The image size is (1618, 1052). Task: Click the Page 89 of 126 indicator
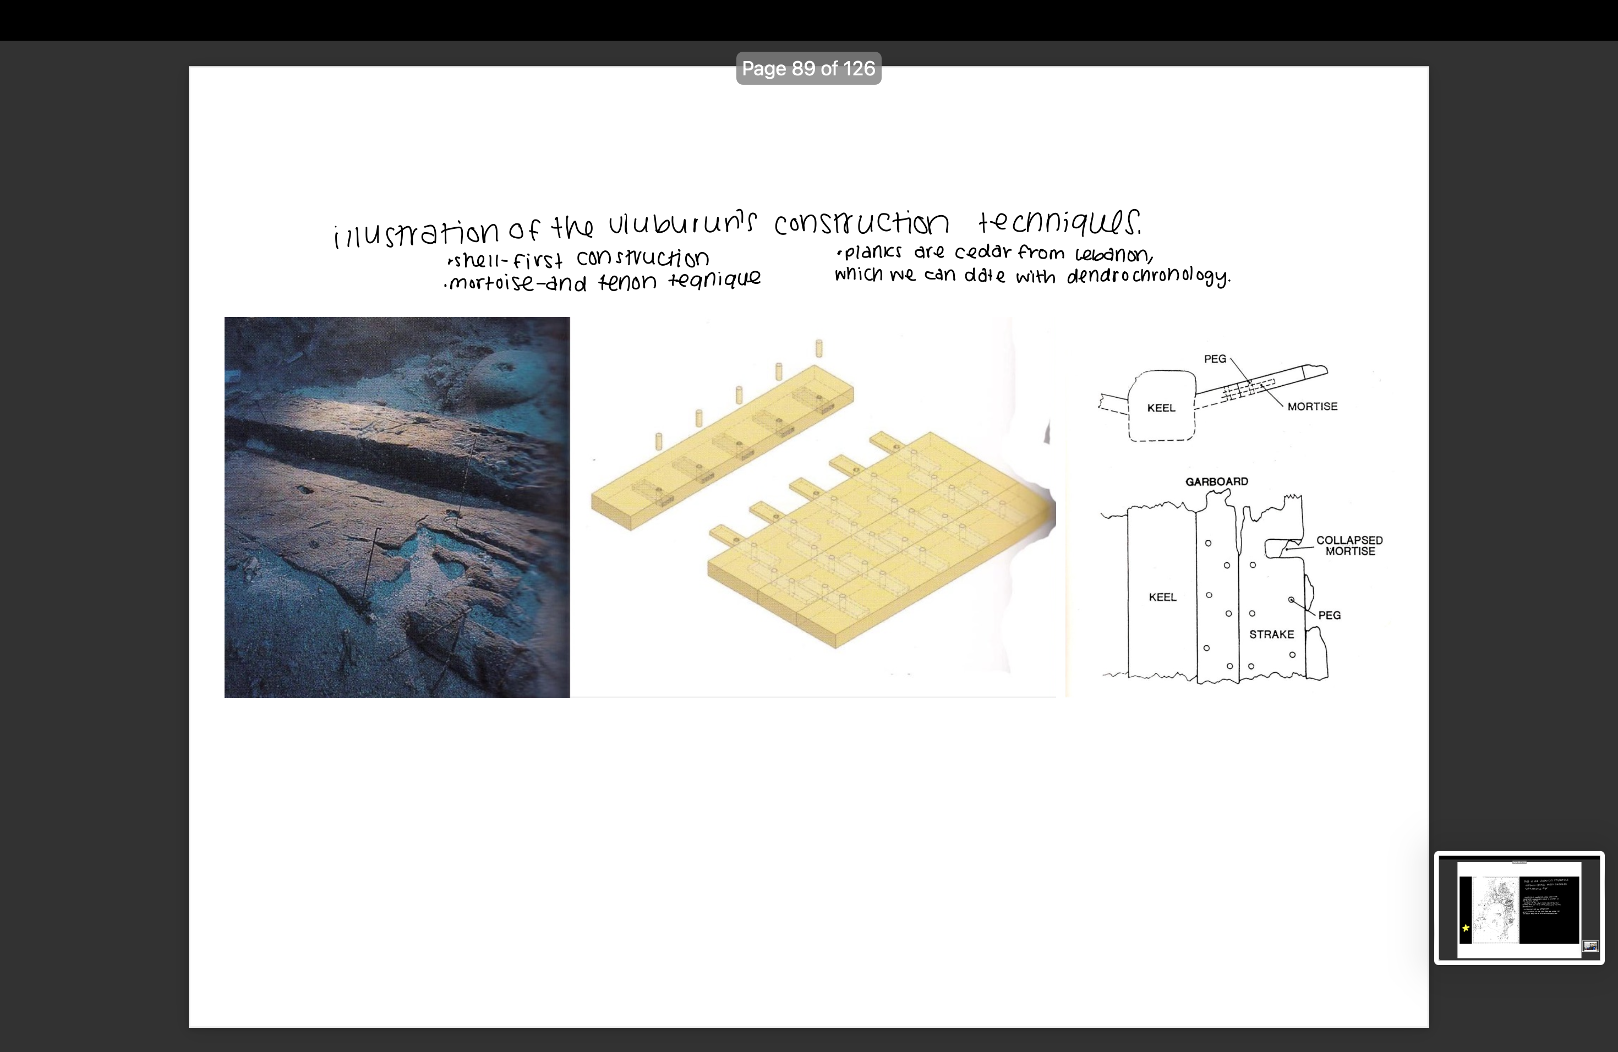pyautogui.click(x=808, y=69)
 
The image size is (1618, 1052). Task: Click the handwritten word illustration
pyautogui.click(x=416, y=232)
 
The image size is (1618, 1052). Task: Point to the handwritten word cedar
pyautogui.click(x=982, y=252)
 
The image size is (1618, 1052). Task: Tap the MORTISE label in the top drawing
pyautogui.click(x=1312, y=407)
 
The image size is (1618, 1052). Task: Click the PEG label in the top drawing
pyautogui.click(x=1215, y=359)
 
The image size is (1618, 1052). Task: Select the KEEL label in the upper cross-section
pyautogui.click(x=1161, y=408)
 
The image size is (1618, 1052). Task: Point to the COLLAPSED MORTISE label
pyautogui.click(x=1349, y=546)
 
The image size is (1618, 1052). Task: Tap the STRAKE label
pyautogui.click(x=1271, y=634)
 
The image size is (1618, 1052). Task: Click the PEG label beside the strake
pyautogui.click(x=1329, y=615)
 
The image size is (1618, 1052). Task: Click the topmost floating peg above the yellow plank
pyautogui.click(x=819, y=348)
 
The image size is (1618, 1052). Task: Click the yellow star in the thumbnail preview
pyautogui.click(x=1466, y=928)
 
